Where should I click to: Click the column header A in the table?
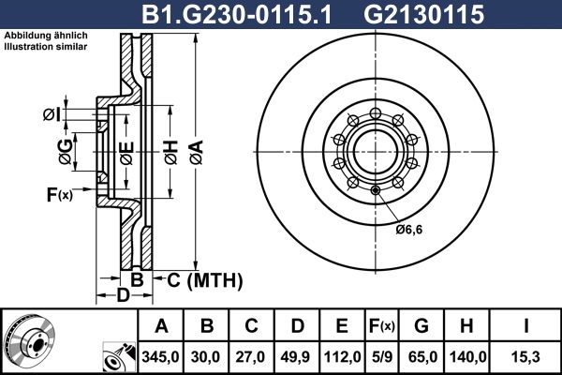tap(162, 326)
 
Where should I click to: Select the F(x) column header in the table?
tap(382, 326)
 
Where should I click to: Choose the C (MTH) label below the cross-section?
tap(200, 279)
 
